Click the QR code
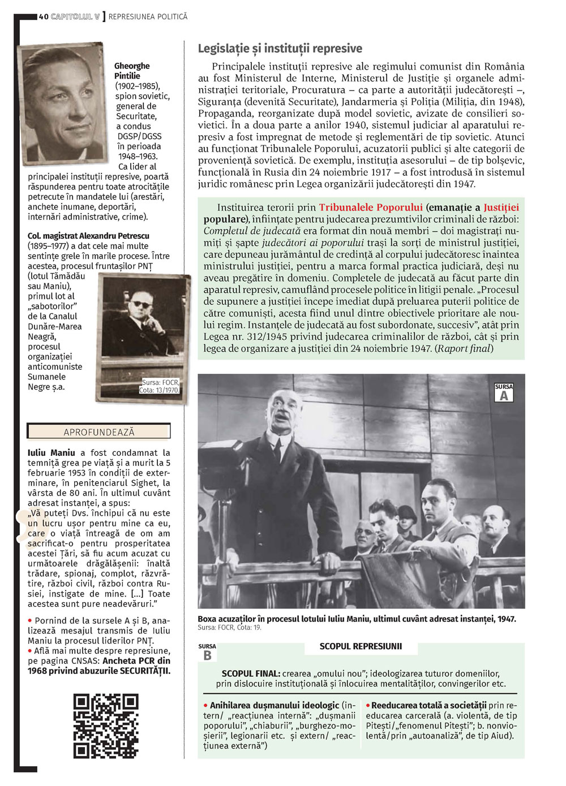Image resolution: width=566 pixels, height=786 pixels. coord(106,725)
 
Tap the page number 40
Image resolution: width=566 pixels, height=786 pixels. coord(44,17)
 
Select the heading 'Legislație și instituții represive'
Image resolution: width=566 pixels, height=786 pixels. coord(280,49)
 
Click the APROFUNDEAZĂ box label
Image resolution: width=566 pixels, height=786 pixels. coord(99,432)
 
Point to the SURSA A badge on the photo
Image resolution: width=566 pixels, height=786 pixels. coord(504,393)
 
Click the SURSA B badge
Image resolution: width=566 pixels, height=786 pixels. coord(207,653)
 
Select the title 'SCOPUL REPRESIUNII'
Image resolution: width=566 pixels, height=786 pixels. coord(361,646)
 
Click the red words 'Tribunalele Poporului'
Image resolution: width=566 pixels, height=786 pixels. coord(371,208)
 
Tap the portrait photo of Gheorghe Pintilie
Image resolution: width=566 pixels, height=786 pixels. coord(62,103)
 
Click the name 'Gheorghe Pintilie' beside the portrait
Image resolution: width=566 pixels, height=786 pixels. coord(132,71)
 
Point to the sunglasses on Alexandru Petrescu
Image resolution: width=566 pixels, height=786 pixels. coord(141,305)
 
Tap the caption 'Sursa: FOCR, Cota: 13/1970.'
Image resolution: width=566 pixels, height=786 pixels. coord(160,386)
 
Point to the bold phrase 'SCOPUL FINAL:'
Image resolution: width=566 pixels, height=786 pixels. coord(250,673)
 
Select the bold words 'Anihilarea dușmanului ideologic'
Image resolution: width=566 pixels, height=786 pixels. coord(275,705)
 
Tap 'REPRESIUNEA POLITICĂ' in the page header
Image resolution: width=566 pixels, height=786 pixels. coord(148,17)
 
